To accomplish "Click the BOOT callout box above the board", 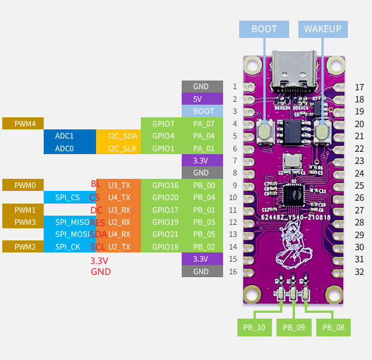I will click(x=264, y=29).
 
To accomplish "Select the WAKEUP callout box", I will click(x=323, y=29).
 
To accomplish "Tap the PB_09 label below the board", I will click(x=294, y=327).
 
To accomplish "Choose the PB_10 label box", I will click(x=254, y=327).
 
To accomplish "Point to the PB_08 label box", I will click(x=333, y=327).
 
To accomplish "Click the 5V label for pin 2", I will click(x=202, y=99).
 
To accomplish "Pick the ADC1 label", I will click(x=64, y=136).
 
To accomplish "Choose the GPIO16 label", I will click(x=164, y=185).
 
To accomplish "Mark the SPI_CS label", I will click(x=68, y=197).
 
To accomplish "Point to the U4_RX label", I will click(x=118, y=235).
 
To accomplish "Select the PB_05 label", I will click(x=204, y=235).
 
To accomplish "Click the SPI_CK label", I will click(x=68, y=247).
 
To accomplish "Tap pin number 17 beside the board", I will click(x=359, y=87).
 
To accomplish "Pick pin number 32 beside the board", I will click(x=359, y=271).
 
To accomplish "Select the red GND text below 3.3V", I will click(x=101, y=271).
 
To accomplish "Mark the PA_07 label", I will click(x=204, y=124).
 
